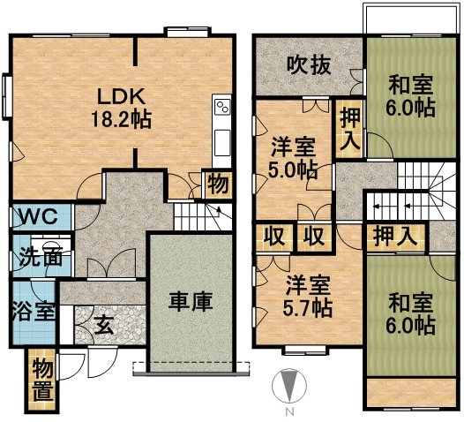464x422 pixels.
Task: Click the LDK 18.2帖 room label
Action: [x=122, y=108]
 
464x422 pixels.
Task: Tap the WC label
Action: [x=39, y=216]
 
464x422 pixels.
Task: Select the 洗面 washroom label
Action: [x=41, y=258]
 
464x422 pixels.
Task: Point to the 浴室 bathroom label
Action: [x=34, y=311]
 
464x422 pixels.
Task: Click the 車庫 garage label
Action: [x=191, y=302]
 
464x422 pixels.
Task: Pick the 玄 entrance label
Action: [x=104, y=325]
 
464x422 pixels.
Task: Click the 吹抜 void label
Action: [x=310, y=65]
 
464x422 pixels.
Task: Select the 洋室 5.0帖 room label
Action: [x=293, y=158]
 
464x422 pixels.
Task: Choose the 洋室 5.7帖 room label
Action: [x=308, y=297]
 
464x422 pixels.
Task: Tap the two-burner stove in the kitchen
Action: [x=222, y=107]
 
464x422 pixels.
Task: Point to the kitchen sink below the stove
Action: [x=222, y=143]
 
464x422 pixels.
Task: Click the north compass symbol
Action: [x=289, y=386]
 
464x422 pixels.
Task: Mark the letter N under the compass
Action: [x=289, y=411]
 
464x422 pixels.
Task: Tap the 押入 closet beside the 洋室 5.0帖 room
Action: [x=350, y=129]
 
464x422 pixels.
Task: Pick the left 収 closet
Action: [x=274, y=237]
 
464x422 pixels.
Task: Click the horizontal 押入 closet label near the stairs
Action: [x=395, y=237]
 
